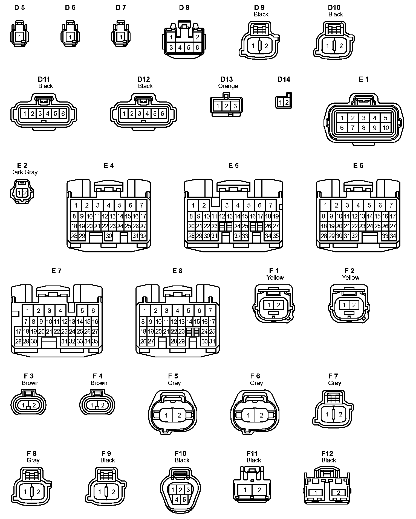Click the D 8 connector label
184,8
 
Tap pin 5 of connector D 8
189,48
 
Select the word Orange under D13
228,86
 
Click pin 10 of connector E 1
386,128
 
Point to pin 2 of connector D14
287,103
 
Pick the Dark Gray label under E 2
24,172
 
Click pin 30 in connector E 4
109,236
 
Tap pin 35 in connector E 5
276,236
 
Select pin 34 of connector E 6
393,236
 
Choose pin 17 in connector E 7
18,331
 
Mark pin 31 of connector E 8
212,341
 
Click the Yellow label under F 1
275,278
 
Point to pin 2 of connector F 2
354,305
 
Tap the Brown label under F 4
99,383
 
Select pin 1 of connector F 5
166,415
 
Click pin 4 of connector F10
177,500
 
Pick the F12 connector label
327,453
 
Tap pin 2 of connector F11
259,490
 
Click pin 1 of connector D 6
70,37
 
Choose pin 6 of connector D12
162,113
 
